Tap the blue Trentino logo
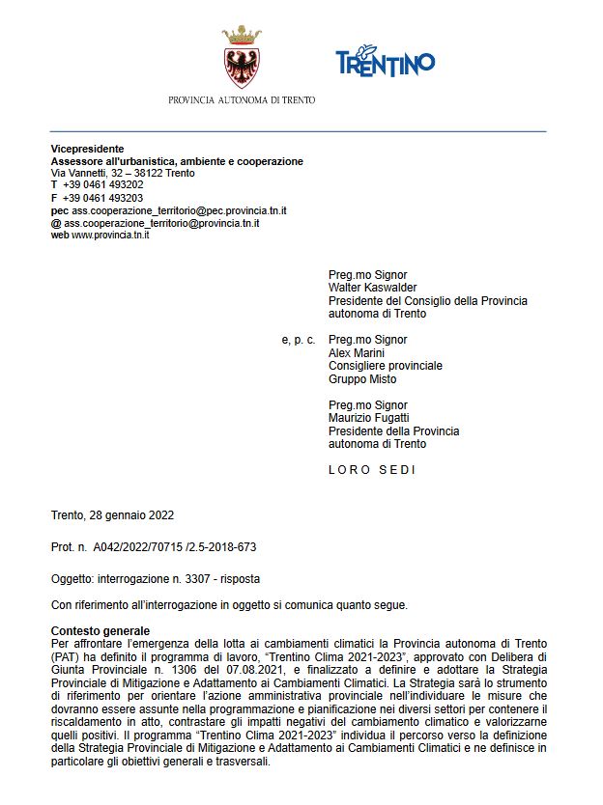click(385, 61)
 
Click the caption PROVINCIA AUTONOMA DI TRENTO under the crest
click(242, 99)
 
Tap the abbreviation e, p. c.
click(298, 340)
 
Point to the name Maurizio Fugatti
click(371, 418)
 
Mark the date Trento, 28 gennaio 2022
click(112, 515)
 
